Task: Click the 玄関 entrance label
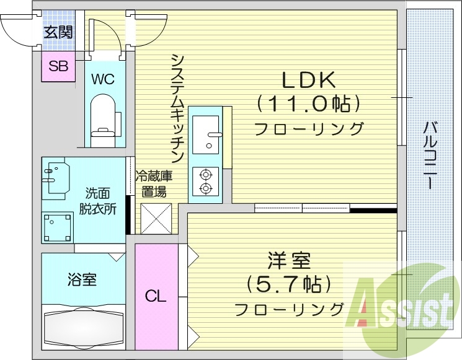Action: click(58, 32)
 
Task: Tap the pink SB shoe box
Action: click(58, 67)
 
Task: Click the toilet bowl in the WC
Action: click(104, 116)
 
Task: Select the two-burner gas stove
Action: click(205, 181)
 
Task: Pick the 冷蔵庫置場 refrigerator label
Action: click(154, 183)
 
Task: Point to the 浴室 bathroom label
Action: click(82, 279)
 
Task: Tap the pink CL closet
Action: click(156, 296)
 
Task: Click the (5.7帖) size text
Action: click(289, 284)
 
